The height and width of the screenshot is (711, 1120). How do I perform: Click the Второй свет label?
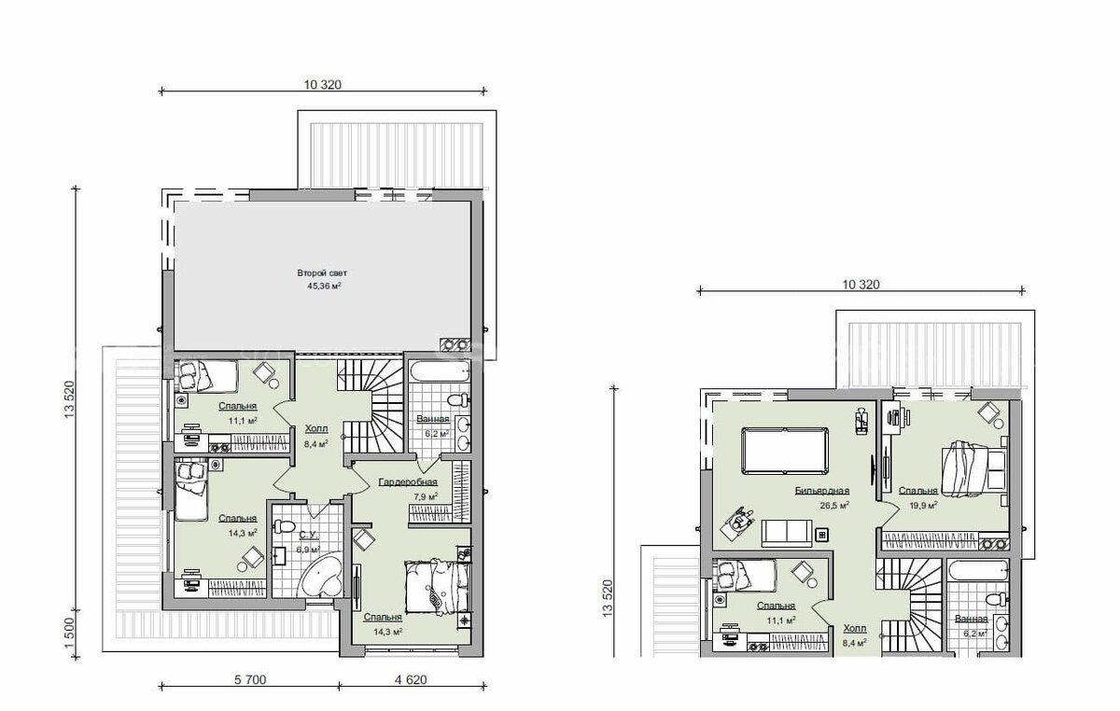pyautogui.click(x=322, y=273)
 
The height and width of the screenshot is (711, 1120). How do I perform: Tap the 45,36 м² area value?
pyautogui.click(x=325, y=286)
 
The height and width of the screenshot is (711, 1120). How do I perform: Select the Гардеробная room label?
pyautogui.click(x=408, y=482)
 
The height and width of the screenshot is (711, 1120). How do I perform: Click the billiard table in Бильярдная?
pyautogui.click(x=785, y=450)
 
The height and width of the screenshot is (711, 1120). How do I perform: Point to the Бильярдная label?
pyautogui.click(x=822, y=491)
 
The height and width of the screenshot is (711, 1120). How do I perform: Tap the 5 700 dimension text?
pyautogui.click(x=250, y=679)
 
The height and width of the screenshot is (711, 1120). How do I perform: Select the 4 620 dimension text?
pyautogui.click(x=411, y=679)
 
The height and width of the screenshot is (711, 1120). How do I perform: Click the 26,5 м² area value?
pyautogui.click(x=834, y=506)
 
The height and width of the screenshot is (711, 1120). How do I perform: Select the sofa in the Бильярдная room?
pyautogui.click(x=787, y=533)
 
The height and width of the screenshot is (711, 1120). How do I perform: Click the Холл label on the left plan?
pyautogui.click(x=316, y=428)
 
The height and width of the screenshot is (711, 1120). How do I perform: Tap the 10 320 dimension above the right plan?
pyautogui.click(x=861, y=285)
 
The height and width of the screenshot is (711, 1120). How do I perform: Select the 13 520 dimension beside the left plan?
pyautogui.click(x=69, y=399)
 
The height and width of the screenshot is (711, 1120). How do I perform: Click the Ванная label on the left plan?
pyautogui.click(x=433, y=419)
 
